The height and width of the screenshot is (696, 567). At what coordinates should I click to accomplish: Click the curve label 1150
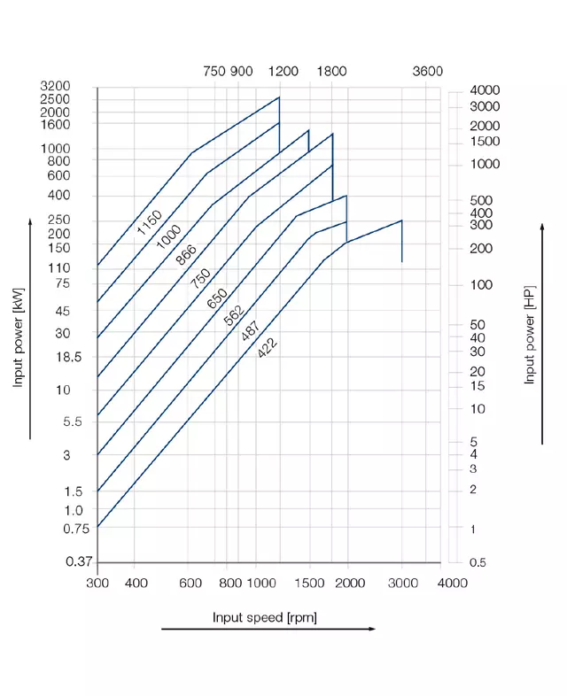tap(149, 222)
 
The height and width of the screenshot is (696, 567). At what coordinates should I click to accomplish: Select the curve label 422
tap(267, 346)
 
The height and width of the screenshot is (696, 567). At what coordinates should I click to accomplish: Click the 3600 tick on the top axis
tap(427, 72)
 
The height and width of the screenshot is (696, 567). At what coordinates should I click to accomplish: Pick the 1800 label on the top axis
tap(331, 72)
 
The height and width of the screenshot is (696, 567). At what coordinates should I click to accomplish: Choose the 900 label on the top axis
tap(242, 72)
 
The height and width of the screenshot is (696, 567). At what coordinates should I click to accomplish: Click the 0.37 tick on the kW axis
tap(80, 562)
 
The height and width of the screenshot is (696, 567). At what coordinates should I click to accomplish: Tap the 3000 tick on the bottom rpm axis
tap(402, 583)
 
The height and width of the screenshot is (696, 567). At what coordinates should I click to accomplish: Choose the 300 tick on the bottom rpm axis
tap(97, 583)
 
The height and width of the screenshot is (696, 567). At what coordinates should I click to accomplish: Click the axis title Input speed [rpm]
tap(264, 616)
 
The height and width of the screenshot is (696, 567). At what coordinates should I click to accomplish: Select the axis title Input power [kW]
tap(18, 337)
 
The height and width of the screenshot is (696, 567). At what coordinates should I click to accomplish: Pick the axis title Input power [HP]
tap(530, 335)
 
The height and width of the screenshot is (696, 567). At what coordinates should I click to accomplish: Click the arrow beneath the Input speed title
tap(268, 630)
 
